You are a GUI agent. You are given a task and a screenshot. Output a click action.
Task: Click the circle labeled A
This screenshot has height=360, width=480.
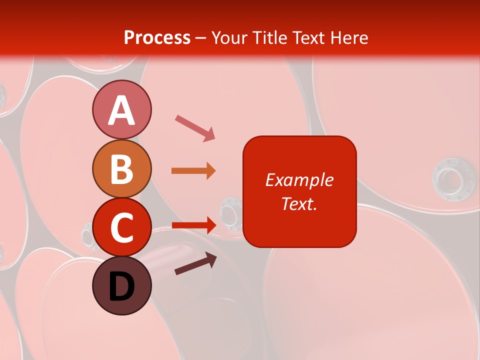pos(121,110)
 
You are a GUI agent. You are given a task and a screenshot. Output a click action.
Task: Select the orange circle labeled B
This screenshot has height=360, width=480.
pos(121,168)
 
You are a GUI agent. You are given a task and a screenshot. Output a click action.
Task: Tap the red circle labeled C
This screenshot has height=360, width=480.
pos(121,227)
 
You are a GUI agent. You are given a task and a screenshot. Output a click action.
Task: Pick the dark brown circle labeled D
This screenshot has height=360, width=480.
pos(121,286)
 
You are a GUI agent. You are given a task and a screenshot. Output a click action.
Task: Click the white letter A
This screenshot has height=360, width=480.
pos(121,110)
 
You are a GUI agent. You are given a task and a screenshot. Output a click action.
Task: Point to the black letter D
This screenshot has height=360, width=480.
pos(121,287)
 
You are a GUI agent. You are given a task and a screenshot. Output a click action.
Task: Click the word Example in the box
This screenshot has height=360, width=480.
pos(299,180)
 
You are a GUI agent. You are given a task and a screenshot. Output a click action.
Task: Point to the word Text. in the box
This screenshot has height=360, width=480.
pos(299,203)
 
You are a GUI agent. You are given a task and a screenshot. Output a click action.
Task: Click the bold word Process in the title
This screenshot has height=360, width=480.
pos(157,37)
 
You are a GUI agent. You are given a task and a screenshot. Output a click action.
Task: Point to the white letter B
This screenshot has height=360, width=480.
pos(121,169)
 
